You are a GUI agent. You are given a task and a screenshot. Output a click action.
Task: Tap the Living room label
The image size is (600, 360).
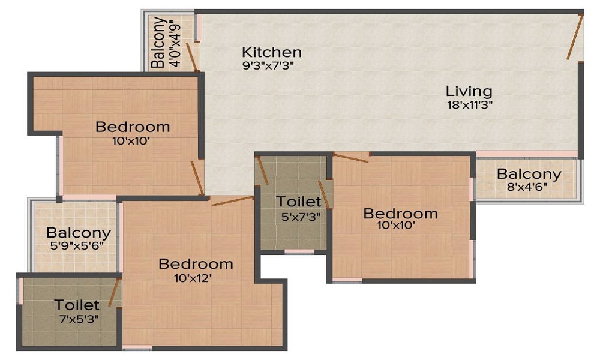pos(469,92)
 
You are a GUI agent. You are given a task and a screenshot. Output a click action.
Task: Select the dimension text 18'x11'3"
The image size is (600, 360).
pos(469,104)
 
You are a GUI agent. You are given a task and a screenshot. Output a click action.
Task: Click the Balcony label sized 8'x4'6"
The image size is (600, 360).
pos(529,175)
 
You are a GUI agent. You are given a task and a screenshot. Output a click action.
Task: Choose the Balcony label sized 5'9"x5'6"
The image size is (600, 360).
pos(79,233)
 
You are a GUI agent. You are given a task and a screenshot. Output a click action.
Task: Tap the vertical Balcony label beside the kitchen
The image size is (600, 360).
pos(158,42)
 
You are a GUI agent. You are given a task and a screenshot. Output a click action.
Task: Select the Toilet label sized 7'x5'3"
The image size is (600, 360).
pos(77,305)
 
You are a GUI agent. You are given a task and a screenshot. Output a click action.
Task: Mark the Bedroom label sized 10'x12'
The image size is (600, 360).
pos(196,264)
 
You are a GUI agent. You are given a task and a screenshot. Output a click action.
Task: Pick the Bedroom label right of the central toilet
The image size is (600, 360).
pos(401,214)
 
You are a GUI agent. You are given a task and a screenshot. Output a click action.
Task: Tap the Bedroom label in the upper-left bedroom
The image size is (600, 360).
pos(133,127)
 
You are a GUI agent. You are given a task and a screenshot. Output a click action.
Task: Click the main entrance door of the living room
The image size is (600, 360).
pos(575,37)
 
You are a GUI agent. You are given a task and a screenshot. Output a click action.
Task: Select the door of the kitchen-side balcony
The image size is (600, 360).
pos(192,57)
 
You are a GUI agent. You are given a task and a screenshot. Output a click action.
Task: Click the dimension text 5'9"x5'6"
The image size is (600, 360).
pos(78,245)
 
